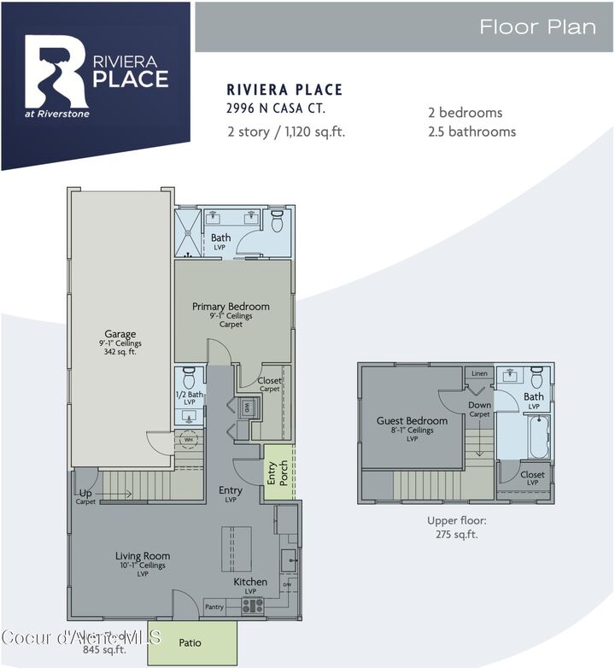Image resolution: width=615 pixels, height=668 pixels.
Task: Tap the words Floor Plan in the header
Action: point(537,26)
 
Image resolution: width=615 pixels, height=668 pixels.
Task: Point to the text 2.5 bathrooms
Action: point(471,132)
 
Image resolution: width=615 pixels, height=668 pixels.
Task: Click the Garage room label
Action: point(120,334)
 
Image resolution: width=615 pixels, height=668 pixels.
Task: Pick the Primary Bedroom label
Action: point(231,307)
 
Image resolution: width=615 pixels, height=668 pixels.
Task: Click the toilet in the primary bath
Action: point(276,222)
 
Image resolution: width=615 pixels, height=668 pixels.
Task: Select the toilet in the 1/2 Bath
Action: point(190,376)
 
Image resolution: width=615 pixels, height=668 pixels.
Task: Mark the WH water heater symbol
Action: point(188,439)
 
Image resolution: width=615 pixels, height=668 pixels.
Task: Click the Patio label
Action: point(190,642)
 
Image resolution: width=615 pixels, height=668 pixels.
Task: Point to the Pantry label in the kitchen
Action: point(214,606)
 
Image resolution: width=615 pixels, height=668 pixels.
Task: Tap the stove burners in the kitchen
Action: point(252,606)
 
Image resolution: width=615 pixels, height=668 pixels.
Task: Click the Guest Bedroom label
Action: point(413,420)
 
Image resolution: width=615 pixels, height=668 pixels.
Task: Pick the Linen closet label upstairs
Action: point(478,373)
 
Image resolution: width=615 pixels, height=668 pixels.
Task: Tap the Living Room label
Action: point(143,556)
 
